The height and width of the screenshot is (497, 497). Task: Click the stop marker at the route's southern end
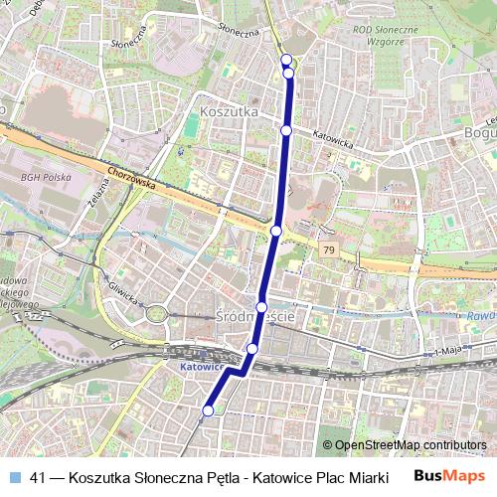(209, 410)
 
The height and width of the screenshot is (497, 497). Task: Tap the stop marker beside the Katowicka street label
(286, 130)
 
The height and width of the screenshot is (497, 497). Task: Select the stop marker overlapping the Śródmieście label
(261, 306)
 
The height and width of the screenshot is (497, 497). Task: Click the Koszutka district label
(229, 112)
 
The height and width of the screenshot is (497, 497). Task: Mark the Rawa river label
(481, 317)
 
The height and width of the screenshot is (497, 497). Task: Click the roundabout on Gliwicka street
(157, 315)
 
